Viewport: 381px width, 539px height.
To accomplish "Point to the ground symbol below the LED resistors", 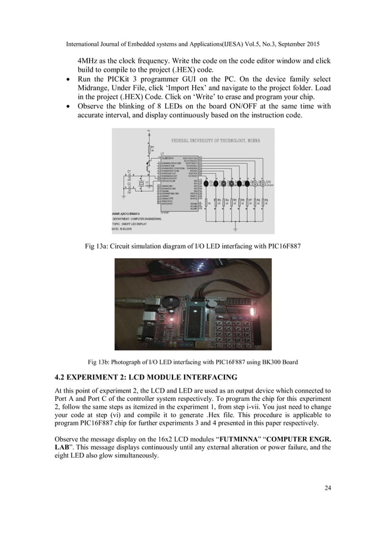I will pyautogui.click(x=235, y=227).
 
